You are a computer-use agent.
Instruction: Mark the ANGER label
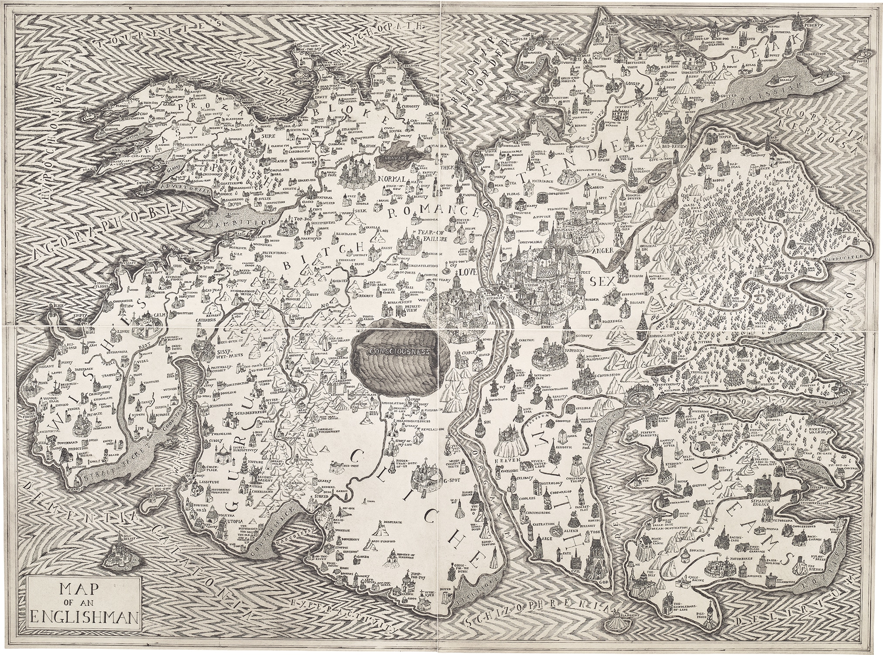602,251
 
